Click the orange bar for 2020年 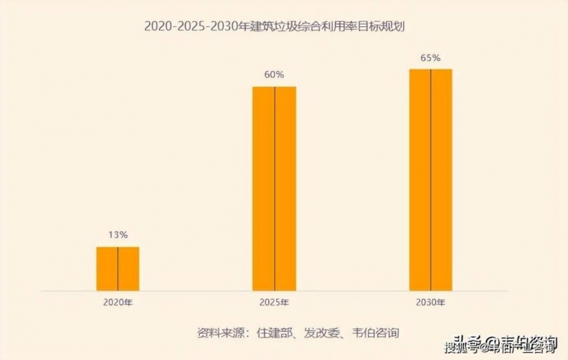118,269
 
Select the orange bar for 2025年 274,189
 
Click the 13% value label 118,234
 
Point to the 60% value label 274,74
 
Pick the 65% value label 431,57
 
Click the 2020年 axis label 118,301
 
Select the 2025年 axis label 274,301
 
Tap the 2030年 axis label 431,301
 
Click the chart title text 284,26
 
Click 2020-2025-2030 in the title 187,26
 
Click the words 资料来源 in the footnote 218,333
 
